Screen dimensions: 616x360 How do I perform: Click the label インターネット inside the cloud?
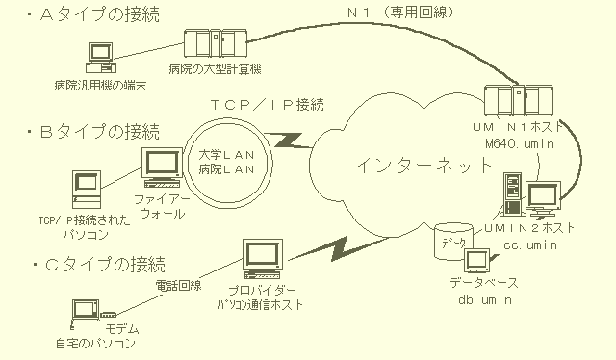click(x=423, y=166)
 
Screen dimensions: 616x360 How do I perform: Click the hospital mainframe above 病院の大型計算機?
click(x=216, y=43)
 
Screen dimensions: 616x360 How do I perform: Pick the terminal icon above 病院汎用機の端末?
click(x=101, y=58)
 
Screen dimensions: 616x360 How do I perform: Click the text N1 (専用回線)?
click(x=400, y=13)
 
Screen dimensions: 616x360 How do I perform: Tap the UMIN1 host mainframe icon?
click(x=518, y=100)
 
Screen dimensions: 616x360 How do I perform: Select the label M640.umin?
click(x=520, y=143)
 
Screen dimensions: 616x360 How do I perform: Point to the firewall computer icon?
click(x=162, y=167)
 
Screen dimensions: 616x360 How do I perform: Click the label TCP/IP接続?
click(x=268, y=105)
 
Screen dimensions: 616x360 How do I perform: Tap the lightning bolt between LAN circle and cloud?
click(x=289, y=141)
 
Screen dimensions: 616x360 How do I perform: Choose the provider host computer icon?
click(x=263, y=259)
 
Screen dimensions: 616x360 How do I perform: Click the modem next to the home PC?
click(x=109, y=315)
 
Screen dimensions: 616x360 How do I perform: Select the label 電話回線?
click(x=178, y=285)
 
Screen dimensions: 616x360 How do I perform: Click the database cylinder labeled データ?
click(x=453, y=242)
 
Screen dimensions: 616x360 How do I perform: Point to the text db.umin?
click(x=485, y=300)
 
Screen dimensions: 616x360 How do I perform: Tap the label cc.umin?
click(x=530, y=244)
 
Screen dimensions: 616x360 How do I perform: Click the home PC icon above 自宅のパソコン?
click(x=85, y=312)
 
